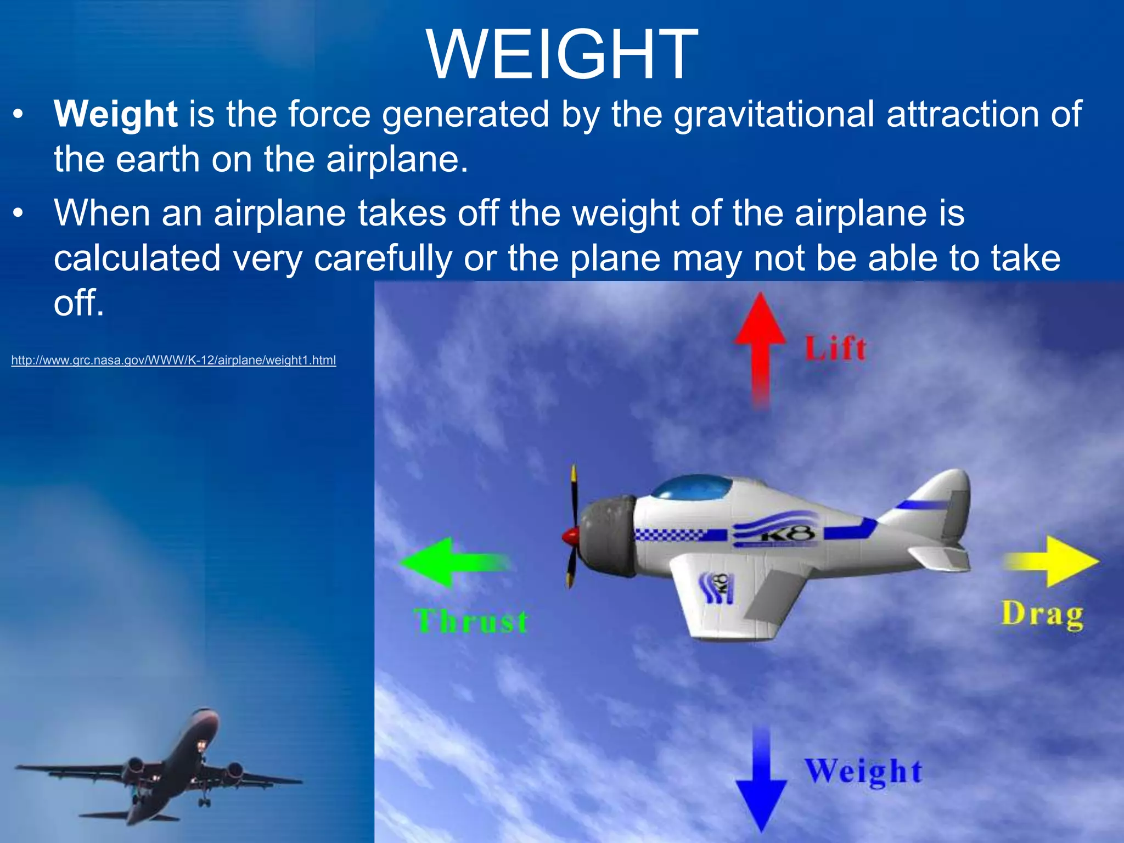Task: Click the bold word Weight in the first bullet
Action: pos(115,115)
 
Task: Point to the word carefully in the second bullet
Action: pos(383,258)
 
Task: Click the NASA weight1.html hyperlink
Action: pos(173,361)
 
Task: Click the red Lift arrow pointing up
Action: pos(760,346)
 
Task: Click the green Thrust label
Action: pos(471,622)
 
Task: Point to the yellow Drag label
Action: pos(1042,615)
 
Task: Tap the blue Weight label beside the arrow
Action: pos(863,771)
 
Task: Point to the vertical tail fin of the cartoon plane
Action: pos(944,499)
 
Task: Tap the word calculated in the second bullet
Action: pos(137,258)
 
